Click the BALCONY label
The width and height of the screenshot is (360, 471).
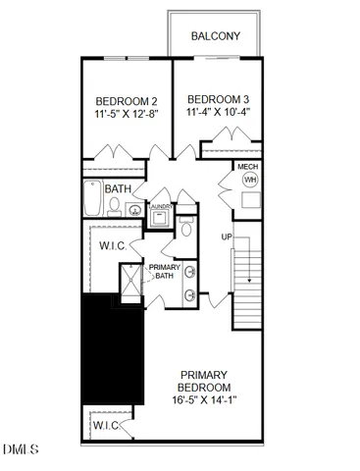click(217, 35)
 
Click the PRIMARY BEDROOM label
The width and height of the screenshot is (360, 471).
click(204, 382)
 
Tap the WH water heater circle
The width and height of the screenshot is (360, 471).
click(249, 182)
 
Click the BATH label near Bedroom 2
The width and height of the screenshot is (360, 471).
click(119, 189)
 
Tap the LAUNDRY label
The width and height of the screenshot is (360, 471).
click(160, 207)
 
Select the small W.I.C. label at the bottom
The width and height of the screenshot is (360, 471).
click(104, 425)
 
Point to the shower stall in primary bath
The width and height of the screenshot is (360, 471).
click(129, 285)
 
